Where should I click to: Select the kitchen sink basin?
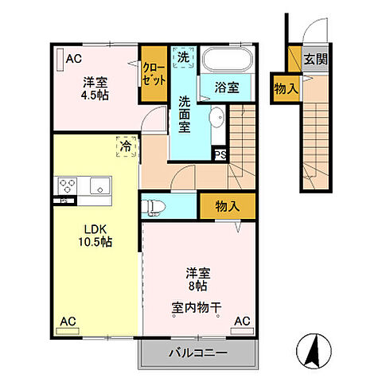pyautogui.click(x=98, y=188)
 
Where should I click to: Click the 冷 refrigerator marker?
pyautogui.click(x=126, y=146)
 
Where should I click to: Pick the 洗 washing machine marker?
pyautogui.click(x=183, y=57)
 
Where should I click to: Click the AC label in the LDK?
pyautogui.click(x=68, y=322)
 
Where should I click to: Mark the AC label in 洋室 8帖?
pyautogui.click(x=241, y=322)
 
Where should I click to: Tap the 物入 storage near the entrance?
pyautogui.click(x=285, y=88)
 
